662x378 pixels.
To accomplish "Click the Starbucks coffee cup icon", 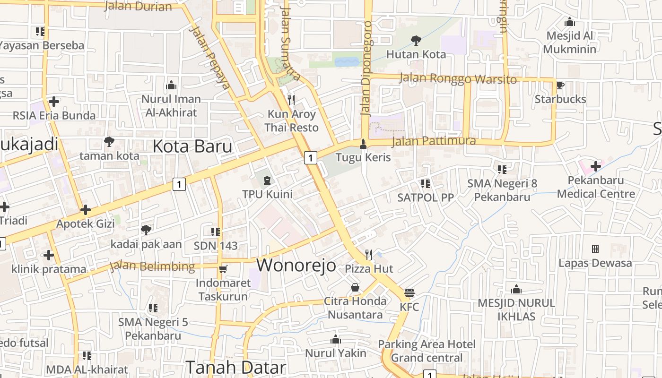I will coord(560,86).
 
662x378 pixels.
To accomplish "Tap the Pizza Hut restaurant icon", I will coord(369,255).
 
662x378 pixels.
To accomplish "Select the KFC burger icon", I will coord(409,293).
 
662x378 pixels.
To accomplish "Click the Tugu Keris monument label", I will coord(363,157).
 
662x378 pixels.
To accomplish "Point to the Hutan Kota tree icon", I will coord(416,41).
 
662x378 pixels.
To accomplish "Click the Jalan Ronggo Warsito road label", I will coord(458,78).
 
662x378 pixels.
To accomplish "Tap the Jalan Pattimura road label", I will coord(434,141).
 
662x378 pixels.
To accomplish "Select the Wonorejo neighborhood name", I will coord(296,265).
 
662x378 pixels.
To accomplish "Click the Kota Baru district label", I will coord(192,146).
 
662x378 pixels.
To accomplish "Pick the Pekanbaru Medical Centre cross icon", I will coord(596,166).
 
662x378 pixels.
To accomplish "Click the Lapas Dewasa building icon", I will coord(595,249).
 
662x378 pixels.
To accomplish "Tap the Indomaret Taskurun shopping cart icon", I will coord(223,269).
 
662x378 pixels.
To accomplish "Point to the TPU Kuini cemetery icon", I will coord(267,180).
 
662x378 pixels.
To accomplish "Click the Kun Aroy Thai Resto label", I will coord(291,121).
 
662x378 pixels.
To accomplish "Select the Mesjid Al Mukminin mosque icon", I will coord(570,22).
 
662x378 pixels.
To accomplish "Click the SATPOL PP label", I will coord(425,198).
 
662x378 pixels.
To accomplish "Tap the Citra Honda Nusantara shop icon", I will coord(355,287).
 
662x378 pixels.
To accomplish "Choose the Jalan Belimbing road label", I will coord(152,266).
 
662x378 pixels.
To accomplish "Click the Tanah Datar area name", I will coord(235,367).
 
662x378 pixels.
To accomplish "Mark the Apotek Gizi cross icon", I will coord(86,209).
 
